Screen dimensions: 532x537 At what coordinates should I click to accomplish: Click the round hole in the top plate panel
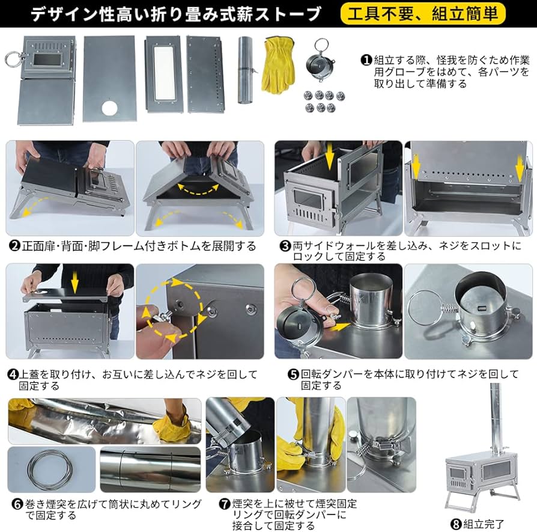coord(110,108)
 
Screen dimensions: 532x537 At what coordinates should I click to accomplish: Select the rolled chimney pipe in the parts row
coord(246,69)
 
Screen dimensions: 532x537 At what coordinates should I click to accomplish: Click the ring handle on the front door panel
coord(11,59)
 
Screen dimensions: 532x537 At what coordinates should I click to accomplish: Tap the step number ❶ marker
coord(366,60)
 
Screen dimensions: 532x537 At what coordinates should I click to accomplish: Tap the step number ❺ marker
coord(293,374)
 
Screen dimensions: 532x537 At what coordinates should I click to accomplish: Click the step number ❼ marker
coord(225,504)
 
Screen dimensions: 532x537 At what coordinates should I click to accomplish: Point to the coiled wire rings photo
coord(52,469)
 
